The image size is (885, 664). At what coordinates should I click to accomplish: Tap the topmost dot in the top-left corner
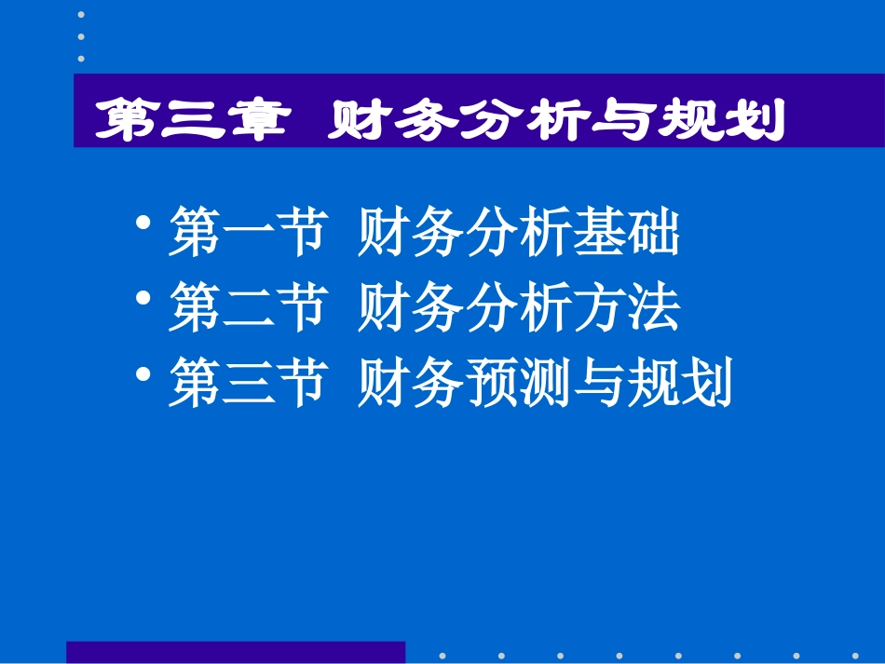pyautogui.click(x=81, y=15)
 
